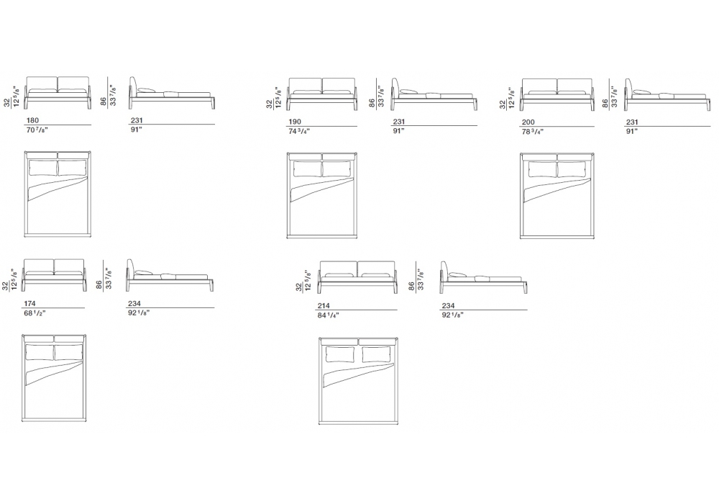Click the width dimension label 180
click(x=33, y=120)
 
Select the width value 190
click(x=295, y=122)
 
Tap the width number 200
click(x=528, y=122)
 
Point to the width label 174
click(x=29, y=303)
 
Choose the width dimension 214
click(x=324, y=306)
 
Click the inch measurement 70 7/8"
click(x=37, y=130)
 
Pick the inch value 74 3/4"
click(x=299, y=131)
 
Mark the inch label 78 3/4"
click(x=532, y=132)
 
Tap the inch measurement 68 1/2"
click(x=35, y=313)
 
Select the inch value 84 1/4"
click(x=329, y=315)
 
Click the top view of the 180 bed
click(x=58, y=194)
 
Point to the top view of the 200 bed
click(x=557, y=196)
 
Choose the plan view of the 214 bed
click(x=358, y=381)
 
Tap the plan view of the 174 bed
click(x=54, y=378)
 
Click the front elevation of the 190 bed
click(x=322, y=94)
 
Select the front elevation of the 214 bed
click(x=358, y=276)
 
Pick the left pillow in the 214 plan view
click(x=340, y=354)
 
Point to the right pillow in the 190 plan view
click(x=337, y=169)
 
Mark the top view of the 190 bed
click(x=322, y=196)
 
